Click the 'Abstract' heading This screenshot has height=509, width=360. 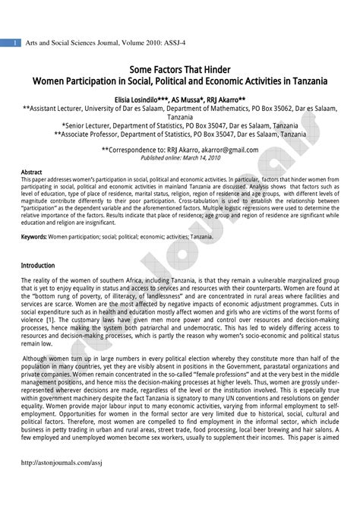31,172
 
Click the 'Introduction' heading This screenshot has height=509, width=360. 38,266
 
